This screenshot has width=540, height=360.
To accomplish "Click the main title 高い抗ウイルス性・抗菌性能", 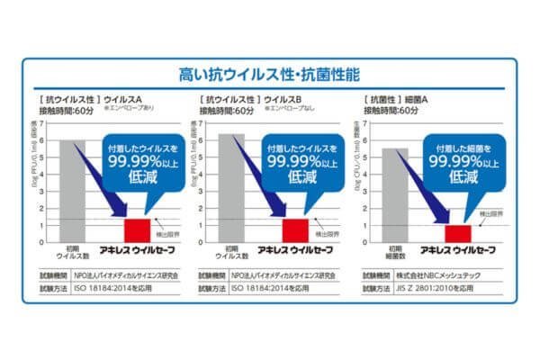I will [269, 73].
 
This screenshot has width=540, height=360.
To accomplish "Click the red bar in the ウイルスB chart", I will [294, 229].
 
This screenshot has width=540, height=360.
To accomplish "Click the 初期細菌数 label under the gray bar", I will [395, 252].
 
